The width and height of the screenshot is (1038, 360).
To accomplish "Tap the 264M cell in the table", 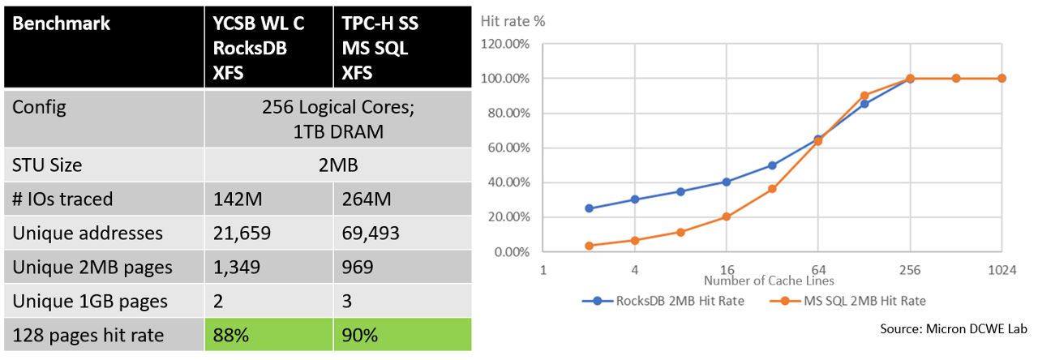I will pos(360,199).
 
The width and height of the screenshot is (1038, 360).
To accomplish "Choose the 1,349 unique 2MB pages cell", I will pos(236,268).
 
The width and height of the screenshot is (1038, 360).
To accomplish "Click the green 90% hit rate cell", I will pos(358,335).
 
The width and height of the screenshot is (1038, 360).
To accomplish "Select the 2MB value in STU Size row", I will pos(337,166).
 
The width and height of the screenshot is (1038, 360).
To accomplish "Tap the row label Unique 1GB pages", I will pos(90,301).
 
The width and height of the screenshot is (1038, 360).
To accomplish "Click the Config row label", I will pos(39,108).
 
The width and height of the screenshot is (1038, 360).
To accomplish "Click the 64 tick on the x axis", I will pos(818,270).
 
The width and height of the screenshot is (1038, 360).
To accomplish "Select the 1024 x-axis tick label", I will pos(1002,270).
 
